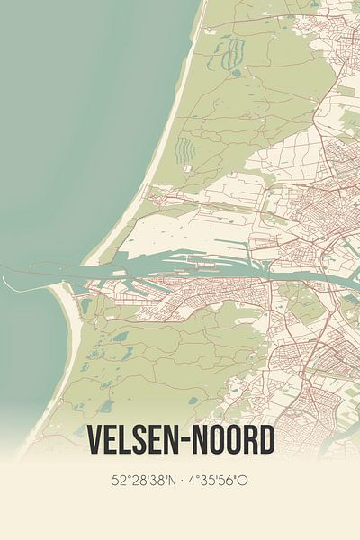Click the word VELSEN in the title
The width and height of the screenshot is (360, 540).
pyautogui.click(x=137, y=440)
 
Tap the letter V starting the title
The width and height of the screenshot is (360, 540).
pyautogui.click(x=94, y=440)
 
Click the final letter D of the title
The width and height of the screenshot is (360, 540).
pyautogui.click(x=265, y=440)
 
